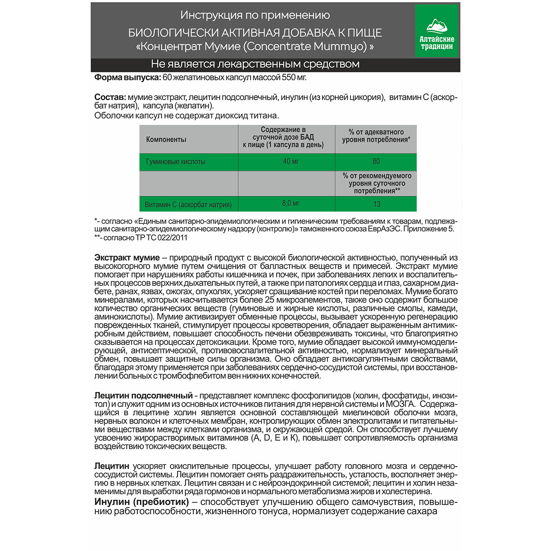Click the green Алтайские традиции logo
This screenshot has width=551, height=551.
(x=437, y=31)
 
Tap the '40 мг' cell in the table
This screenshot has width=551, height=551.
(x=291, y=161)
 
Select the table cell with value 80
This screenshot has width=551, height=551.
(x=376, y=161)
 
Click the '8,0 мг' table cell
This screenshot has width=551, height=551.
(x=291, y=203)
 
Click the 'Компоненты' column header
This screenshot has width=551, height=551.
(x=166, y=139)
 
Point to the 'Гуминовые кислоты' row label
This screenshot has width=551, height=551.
(x=175, y=162)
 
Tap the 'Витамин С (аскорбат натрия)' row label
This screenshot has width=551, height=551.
(x=188, y=205)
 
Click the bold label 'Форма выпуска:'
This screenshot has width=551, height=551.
(x=127, y=78)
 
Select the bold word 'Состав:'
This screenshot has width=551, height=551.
(x=110, y=97)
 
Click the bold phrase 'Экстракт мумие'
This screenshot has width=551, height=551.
(x=127, y=258)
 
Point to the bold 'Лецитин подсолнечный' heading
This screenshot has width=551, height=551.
(x=143, y=396)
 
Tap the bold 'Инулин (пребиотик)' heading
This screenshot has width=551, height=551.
(x=142, y=502)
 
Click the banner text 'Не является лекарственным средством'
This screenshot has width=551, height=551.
(x=255, y=64)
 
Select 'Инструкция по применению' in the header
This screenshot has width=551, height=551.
(x=255, y=15)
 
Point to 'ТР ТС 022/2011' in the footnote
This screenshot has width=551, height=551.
(x=161, y=238)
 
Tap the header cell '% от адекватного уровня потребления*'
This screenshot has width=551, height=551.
(x=376, y=136)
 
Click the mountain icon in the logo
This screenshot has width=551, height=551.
(x=437, y=25)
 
